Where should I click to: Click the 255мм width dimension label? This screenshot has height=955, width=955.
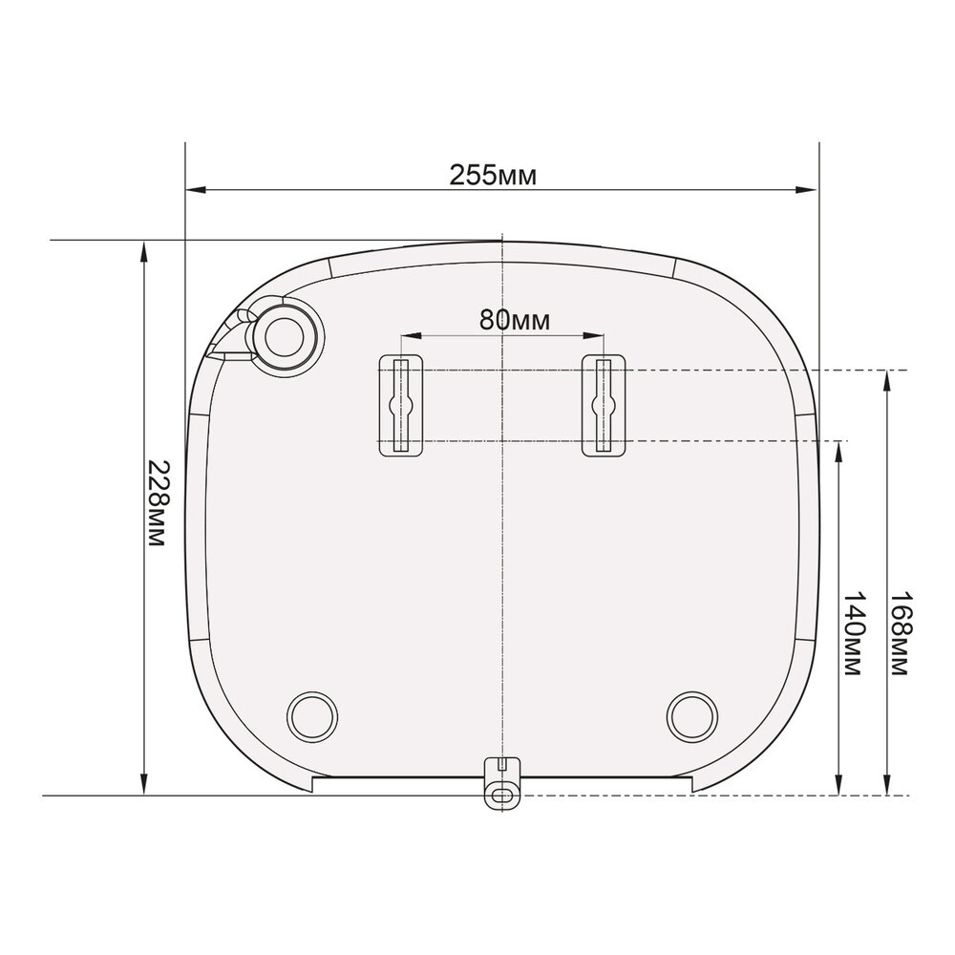click(494, 176)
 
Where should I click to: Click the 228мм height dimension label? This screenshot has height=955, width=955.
click(158, 502)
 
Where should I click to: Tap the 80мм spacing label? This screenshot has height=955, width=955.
click(514, 320)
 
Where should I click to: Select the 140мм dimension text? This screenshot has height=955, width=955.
click(853, 633)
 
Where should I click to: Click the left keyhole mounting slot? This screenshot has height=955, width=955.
click(401, 405)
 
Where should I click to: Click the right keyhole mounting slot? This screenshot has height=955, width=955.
click(604, 405)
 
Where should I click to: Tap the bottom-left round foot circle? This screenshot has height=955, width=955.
click(312, 716)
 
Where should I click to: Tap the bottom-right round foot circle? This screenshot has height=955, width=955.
click(692, 716)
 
